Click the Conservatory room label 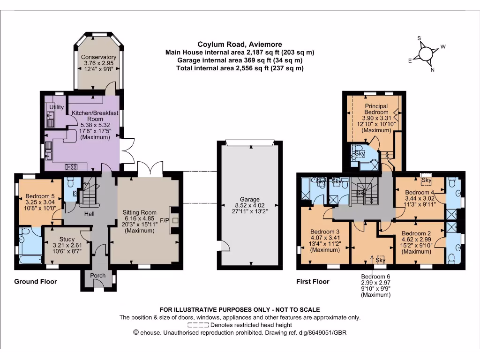pos(98,57)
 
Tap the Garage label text pos(248,199)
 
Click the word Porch pos(98,275)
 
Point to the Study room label pos(60,239)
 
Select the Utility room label pos(57,107)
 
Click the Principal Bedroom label pos(377,109)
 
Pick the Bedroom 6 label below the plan pos(375,277)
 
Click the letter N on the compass pos(433,70)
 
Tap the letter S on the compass pos(420,38)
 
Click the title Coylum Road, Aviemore pos(240,45)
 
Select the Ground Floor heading pos(36,281)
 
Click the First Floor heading pos(313,282)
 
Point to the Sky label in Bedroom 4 pos(426,180)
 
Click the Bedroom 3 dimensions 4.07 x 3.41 pos(325,238)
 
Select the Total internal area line pos(240,68)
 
